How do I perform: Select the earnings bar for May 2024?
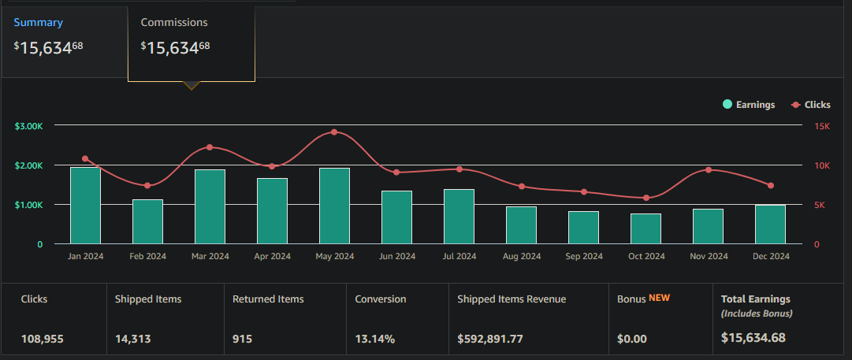point(334,206)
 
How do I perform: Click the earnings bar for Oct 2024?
point(646,228)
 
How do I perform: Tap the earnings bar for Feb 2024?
point(147,221)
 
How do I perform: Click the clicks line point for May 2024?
point(334,132)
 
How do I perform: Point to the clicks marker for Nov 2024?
point(709,170)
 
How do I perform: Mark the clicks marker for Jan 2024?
point(85,158)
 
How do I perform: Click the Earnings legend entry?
point(749,105)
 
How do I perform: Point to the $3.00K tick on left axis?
point(28,126)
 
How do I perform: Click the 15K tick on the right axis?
point(822,126)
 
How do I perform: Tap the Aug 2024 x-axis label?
point(521,256)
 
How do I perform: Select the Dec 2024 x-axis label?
point(770,256)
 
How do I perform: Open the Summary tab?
point(38,23)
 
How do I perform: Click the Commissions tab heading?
point(174,23)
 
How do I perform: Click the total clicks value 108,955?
point(43,339)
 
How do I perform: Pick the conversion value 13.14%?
point(375,339)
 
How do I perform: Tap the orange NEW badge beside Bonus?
point(659,298)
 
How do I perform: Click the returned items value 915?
point(243,339)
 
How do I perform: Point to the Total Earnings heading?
point(755,299)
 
